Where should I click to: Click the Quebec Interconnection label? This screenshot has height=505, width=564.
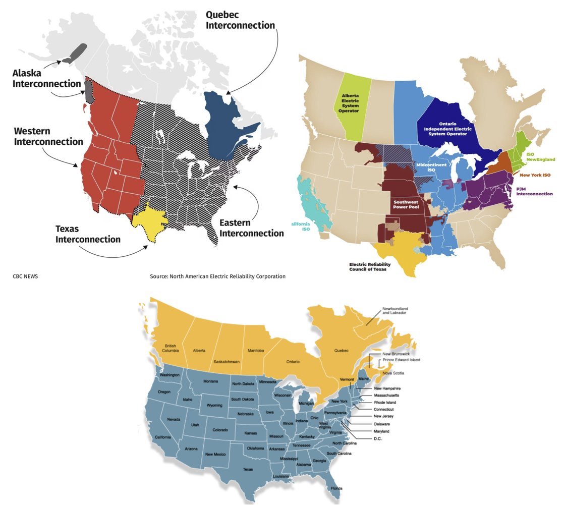[x=240, y=20]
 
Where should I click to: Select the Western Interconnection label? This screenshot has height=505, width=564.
[x=48, y=136]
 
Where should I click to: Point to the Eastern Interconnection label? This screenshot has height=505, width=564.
[x=252, y=228]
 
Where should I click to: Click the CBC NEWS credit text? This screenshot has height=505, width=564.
[x=25, y=276]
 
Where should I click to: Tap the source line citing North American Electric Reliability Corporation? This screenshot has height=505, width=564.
[x=217, y=276]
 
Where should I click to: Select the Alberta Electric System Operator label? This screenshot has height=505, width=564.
[x=350, y=103]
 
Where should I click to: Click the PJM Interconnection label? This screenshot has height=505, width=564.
[x=534, y=191]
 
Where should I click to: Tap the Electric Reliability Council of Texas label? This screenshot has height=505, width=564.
[x=372, y=266]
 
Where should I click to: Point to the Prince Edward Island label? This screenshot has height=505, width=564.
[x=401, y=360]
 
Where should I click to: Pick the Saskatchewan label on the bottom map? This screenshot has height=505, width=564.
[x=226, y=362]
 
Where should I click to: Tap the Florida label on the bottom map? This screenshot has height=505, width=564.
[x=336, y=488]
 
